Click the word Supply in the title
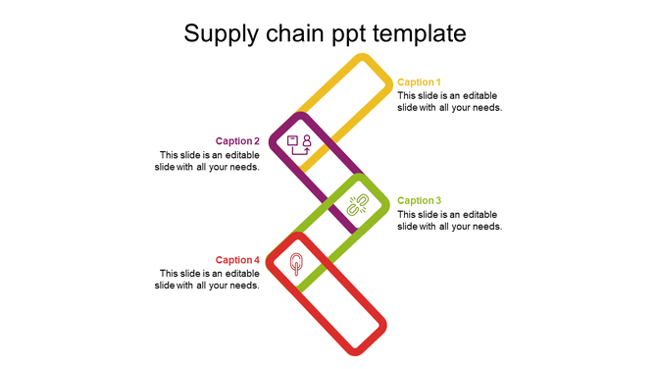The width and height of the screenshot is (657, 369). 221,34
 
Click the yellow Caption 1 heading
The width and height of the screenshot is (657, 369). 419,82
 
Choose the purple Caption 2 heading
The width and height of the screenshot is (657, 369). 237,141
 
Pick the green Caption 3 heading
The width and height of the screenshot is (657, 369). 419,201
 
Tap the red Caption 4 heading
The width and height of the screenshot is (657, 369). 237,260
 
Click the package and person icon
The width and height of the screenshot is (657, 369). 299,145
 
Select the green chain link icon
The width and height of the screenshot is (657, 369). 358,205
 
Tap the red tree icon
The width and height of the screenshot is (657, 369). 296,264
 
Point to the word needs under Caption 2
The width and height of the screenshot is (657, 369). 244,167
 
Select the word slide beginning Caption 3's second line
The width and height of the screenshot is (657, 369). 409,227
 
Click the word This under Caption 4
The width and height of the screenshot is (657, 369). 170,274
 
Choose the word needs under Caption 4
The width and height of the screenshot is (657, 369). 244,286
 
